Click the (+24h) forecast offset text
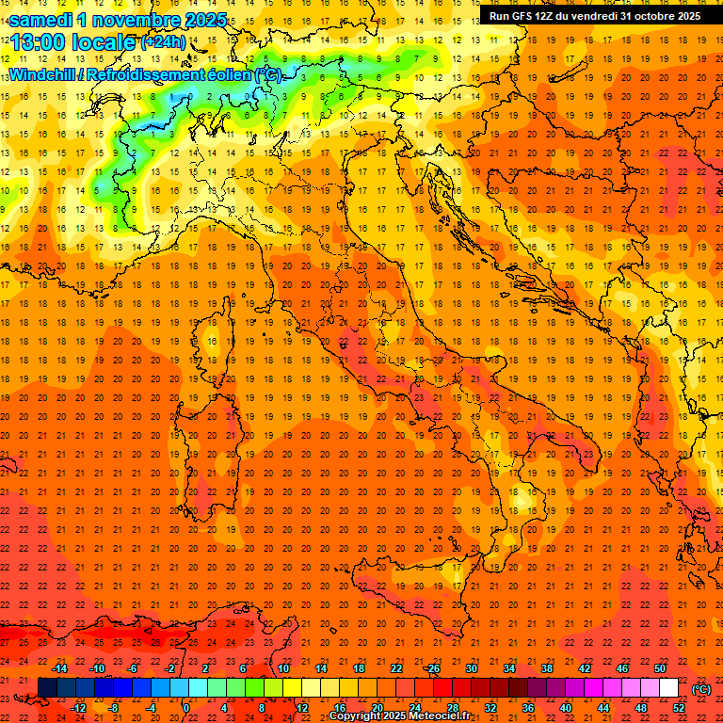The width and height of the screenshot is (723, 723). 163,42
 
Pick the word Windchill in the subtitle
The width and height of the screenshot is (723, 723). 40,74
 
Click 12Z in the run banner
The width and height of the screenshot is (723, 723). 542,16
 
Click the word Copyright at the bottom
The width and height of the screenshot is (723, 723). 355,716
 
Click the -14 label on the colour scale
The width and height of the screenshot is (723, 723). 60,668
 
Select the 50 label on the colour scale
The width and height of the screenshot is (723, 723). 660,668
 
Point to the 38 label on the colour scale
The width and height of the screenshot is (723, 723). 546,668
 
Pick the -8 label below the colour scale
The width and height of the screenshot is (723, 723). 113,708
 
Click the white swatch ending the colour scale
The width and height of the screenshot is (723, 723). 669,688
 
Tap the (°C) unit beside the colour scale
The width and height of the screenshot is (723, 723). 701,689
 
